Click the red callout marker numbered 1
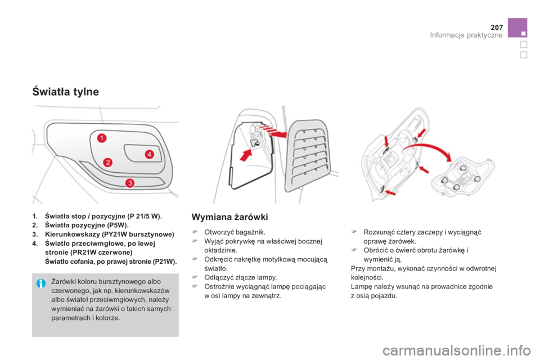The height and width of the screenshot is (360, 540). pyautogui.click(x=102, y=138)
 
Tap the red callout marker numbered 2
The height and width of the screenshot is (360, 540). pyautogui.click(x=108, y=162)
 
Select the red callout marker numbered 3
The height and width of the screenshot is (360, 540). pyautogui.click(x=129, y=183)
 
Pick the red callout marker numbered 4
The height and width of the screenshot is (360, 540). pyautogui.click(x=149, y=154)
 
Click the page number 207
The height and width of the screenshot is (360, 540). pyautogui.click(x=497, y=28)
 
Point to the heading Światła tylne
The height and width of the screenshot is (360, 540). pyautogui.click(x=65, y=92)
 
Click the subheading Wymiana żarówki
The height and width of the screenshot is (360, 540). pyautogui.click(x=229, y=217)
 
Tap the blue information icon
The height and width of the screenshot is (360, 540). pyautogui.click(x=40, y=283)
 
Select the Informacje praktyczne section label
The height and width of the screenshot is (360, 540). pyautogui.click(x=466, y=35)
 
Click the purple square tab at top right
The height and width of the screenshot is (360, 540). pyautogui.click(x=517, y=28)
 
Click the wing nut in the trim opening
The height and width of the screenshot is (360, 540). pyautogui.click(x=255, y=143)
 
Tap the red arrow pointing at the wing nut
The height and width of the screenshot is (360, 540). pyautogui.click(x=246, y=155)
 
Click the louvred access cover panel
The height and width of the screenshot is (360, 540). pyautogui.click(x=307, y=155)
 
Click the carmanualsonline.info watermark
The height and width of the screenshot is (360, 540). pyautogui.click(x=456, y=350)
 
